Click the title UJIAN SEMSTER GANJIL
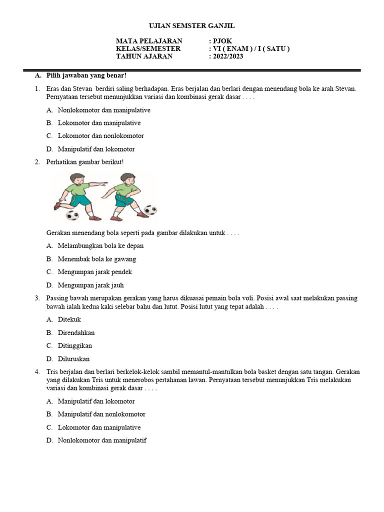click(x=192, y=26)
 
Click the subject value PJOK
click(x=222, y=41)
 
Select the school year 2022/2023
click(x=228, y=56)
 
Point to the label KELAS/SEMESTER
click(x=148, y=48)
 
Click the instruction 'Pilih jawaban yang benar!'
click(x=86, y=75)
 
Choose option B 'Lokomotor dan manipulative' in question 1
click(x=99, y=123)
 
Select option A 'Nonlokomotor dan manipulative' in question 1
click(x=104, y=110)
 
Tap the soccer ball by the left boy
click(x=72, y=215)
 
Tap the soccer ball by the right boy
click(x=150, y=210)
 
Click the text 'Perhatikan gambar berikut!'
click(x=85, y=162)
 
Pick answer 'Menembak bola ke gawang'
click(x=97, y=259)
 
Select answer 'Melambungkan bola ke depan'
click(x=100, y=246)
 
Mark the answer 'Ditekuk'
click(x=69, y=319)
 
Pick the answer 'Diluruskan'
click(x=73, y=358)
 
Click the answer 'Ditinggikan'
click(x=75, y=345)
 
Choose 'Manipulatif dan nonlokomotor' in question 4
click(x=101, y=414)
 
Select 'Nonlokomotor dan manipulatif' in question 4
click(x=102, y=440)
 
